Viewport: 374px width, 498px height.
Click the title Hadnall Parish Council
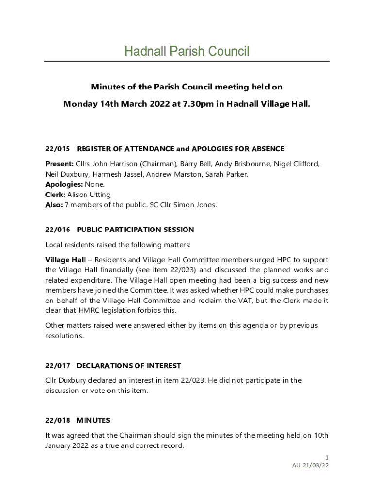(x=187, y=51)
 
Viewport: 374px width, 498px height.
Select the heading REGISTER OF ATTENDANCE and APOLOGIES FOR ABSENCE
(x=180, y=149)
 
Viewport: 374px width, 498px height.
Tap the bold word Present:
(x=59, y=164)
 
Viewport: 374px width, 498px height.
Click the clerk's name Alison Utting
(x=89, y=195)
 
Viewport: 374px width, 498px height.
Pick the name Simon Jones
(x=196, y=205)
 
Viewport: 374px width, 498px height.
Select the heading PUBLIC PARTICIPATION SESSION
(x=136, y=230)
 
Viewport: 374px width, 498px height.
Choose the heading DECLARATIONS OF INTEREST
(x=129, y=366)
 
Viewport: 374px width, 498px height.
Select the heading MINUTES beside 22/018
(x=94, y=420)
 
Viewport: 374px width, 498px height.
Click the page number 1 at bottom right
(x=327, y=457)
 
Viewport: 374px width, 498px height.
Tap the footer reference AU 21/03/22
(x=311, y=465)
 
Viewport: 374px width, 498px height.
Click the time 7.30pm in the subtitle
(x=193, y=104)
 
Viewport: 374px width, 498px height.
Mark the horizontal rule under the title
(x=187, y=61)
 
